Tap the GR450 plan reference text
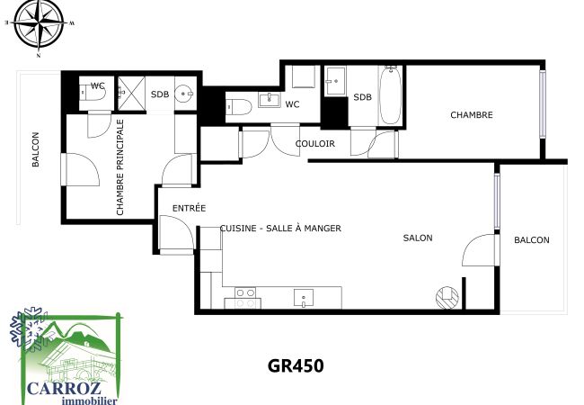tap(296, 365)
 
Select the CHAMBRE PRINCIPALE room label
tap(119, 167)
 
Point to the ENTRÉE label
tap(190, 208)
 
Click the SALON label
tap(418, 238)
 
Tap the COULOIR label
tap(315, 144)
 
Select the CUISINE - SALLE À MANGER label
tap(280, 229)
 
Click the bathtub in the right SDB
tap(390, 95)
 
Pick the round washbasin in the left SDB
tap(185, 94)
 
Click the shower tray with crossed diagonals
tap(131, 94)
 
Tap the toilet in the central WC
tap(239, 107)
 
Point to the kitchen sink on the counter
tap(304, 298)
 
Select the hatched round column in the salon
tap(447, 298)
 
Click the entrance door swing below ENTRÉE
tap(176, 234)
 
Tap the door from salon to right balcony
tap(480, 250)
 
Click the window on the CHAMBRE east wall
tap(543, 104)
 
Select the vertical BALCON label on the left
tap(35, 149)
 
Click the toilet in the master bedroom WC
tap(93, 93)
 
